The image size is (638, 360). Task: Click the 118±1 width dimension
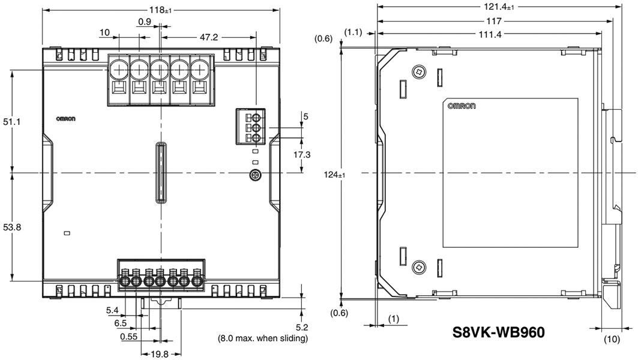160,9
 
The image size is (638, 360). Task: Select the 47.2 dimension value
208,37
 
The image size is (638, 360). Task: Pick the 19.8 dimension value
160,354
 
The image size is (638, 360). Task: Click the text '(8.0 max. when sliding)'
262,338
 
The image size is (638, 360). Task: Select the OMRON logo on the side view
462,106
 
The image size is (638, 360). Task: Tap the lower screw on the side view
418,266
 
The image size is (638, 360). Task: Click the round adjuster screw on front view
255,175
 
